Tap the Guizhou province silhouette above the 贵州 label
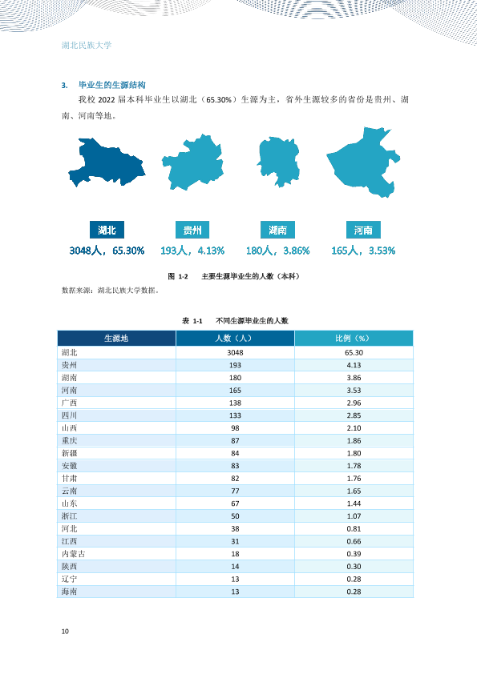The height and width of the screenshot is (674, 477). click(193, 163)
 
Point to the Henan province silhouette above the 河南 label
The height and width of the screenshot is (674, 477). click(364, 163)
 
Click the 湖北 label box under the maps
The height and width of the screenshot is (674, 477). click(107, 230)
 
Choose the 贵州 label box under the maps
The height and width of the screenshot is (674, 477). click(192, 230)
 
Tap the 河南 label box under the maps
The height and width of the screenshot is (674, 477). click(363, 230)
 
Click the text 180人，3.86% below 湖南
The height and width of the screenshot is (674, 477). click(277, 251)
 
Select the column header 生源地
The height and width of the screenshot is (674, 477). click(116, 339)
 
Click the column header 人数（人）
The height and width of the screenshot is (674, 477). click(234, 339)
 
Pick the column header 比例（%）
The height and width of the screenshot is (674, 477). click(353, 339)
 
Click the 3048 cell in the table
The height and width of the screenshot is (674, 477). click(235, 352)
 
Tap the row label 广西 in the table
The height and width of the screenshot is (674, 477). click(69, 403)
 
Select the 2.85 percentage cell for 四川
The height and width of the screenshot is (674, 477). click(354, 415)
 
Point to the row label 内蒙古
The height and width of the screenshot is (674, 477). click(73, 554)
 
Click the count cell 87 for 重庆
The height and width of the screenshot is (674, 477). click(235, 440)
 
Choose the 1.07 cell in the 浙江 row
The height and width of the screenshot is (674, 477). click(354, 516)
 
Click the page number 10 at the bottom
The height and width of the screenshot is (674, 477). click(65, 631)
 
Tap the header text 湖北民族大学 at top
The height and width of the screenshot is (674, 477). click(87, 45)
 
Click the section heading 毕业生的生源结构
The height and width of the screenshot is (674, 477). click(112, 85)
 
